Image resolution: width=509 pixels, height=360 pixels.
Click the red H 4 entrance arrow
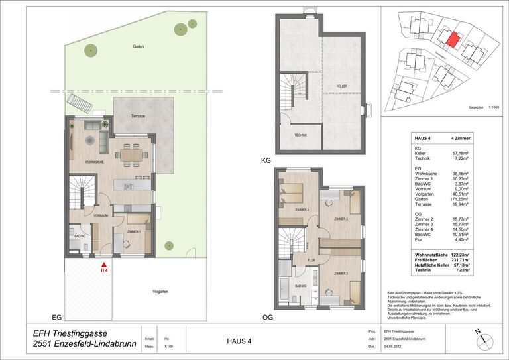click(103, 263)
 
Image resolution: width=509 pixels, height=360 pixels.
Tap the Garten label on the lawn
click(138, 47)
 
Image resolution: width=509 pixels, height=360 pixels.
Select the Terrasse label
click(138, 116)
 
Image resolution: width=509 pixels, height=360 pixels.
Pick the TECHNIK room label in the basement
click(300, 135)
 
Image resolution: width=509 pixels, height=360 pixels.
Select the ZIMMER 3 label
click(341, 274)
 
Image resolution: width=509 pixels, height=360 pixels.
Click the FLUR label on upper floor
click(311, 261)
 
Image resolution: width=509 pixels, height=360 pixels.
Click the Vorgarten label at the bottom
click(159, 292)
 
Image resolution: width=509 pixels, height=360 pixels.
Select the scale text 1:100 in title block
click(169, 347)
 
